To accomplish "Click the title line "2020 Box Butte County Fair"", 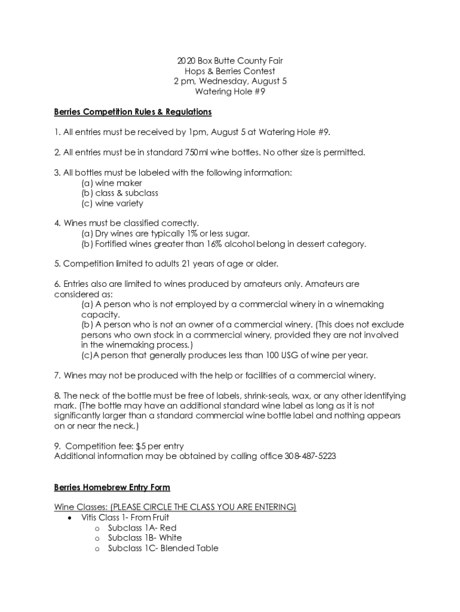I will click(x=229, y=61).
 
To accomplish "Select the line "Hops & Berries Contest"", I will click(x=229, y=71).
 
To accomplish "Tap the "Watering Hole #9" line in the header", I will click(x=229, y=91).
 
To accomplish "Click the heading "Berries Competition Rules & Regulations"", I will click(x=133, y=112).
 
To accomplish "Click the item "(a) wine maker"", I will click(x=112, y=183).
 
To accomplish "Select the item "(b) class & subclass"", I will click(x=119, y=193).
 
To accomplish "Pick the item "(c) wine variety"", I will click(x=112, y=203).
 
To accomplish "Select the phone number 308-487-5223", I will click(x=311, y=456).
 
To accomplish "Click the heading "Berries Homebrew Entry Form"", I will click(x=112, y=487).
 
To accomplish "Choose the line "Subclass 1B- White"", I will click(x=145, y=538).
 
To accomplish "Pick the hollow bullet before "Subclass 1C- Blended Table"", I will click(x=97, y=548).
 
